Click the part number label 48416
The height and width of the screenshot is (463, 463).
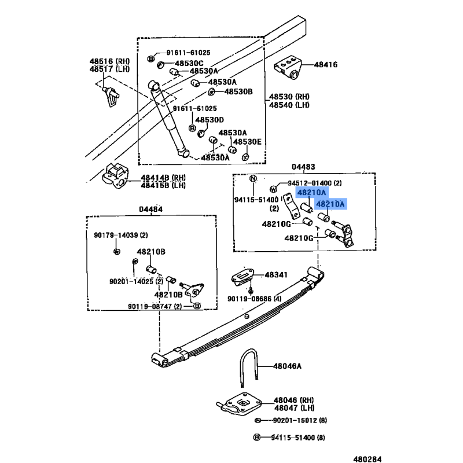click(325, 64)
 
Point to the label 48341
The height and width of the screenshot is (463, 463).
click(276, 275)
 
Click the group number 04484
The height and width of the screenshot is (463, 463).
click(150, 209)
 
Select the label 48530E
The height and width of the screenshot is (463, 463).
click(248, 142)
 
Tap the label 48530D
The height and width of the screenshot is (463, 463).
click(209, 120)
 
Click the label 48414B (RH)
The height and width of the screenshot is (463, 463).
click(163, 177)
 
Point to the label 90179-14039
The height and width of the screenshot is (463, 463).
click(118, 235)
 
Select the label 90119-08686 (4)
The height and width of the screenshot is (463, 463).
click(254, 299)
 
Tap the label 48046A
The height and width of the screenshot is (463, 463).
click(286, 366)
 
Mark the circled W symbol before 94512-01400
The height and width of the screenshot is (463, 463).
click(273, 189)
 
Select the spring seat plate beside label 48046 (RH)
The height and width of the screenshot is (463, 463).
click(240, 403)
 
